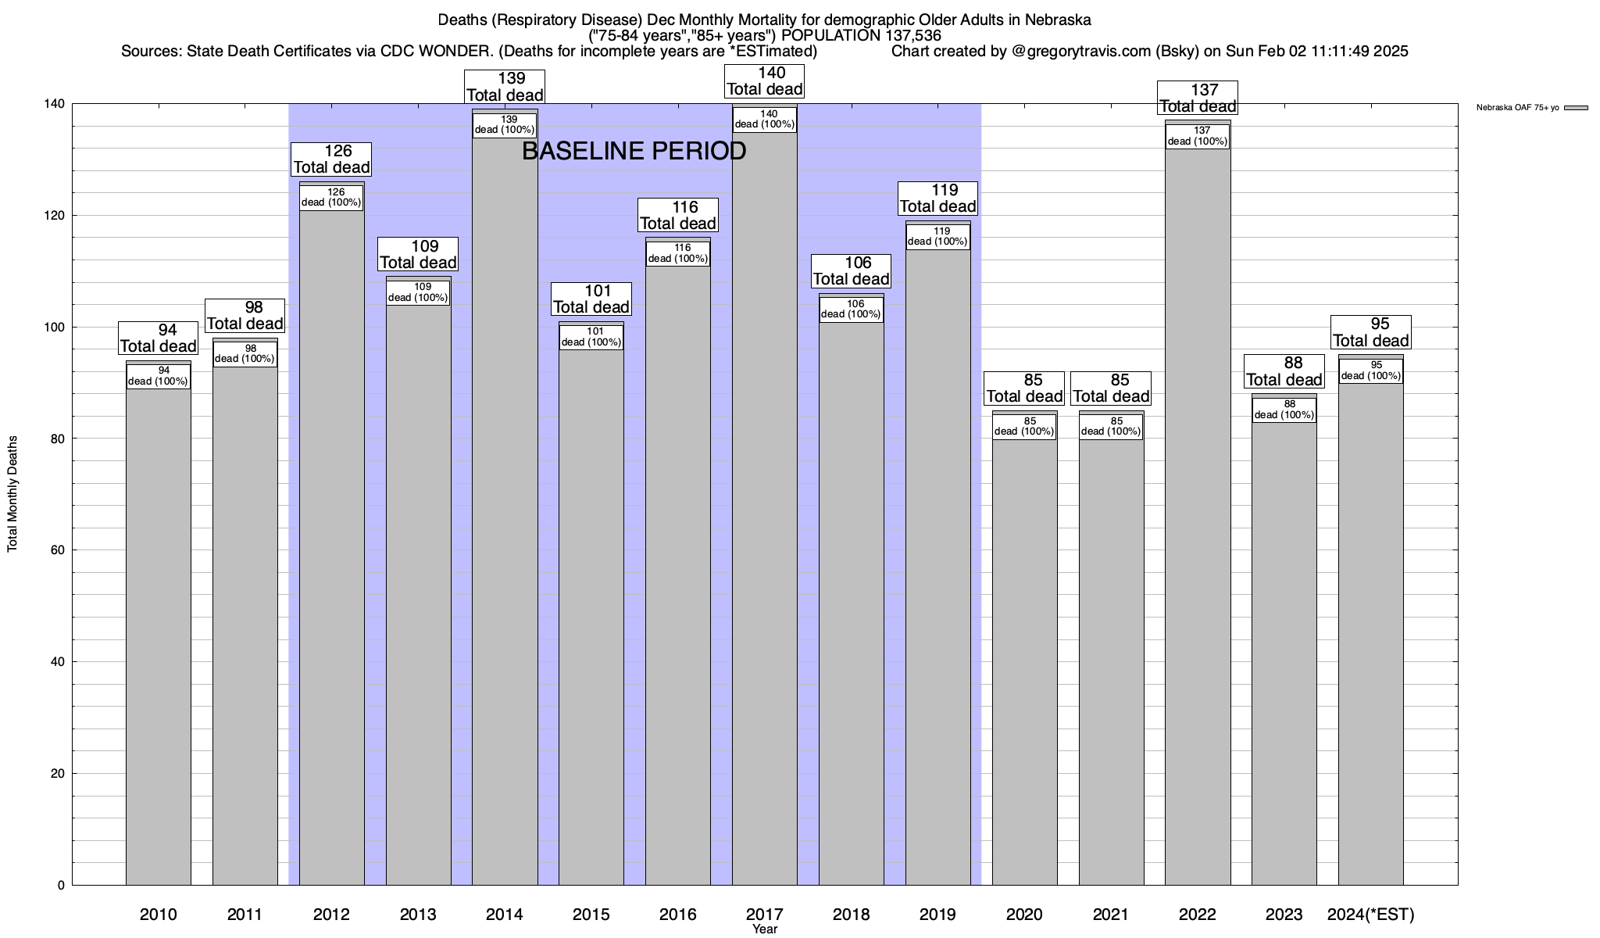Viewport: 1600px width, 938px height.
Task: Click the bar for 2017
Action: (x=764, y=508)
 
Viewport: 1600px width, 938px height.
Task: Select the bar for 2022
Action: (x=1197, y=508)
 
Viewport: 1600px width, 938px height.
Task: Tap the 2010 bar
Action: (x=159, y=625)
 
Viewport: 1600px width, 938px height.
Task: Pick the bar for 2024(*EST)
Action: (x=1370, y=625)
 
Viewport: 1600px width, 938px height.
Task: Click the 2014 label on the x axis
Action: (x=505, y=914)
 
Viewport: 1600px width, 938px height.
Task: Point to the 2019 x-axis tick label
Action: (x=937, y=914)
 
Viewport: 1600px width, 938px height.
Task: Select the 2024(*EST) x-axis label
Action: (x=1370, y=914)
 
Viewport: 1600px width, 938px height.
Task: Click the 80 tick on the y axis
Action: (x=56, y=439)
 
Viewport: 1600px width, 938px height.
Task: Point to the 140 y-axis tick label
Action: (x=53, y=104)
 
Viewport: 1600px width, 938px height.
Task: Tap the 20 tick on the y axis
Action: (x=56, y=774)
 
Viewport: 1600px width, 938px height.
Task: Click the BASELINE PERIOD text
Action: (x=634, y=151)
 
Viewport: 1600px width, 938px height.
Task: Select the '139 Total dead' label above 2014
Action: (x=505, y=86)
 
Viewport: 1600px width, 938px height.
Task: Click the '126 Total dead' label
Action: (x=332, y=159)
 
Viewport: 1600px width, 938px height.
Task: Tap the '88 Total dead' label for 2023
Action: (x=1284, y=371)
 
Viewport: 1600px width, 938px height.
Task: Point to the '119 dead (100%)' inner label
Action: (x=937, y=236)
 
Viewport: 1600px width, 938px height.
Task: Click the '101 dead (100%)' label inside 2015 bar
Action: (x=591, y=337)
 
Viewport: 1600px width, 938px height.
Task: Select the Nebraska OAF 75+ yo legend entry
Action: (x=1531, y=108)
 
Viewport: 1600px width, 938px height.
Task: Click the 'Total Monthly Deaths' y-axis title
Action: (x=12, y=494)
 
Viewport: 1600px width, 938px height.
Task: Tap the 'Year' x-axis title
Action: (x=765, y=929)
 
